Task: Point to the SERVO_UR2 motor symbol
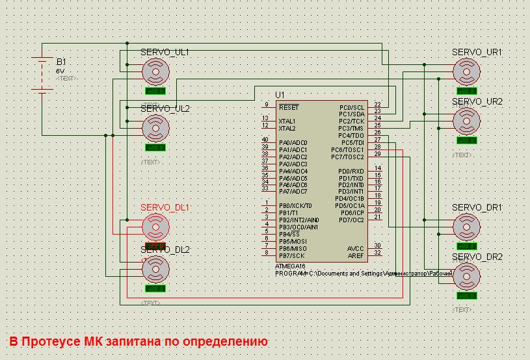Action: (466, 120)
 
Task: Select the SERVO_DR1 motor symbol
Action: (466, 226)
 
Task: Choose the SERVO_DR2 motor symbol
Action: (466, 276)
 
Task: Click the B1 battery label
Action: (61, 62)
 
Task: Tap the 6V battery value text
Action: (60, 71)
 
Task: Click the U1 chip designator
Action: (280, 95)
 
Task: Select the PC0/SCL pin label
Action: (352, 107)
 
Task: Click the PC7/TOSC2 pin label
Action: (347, 157)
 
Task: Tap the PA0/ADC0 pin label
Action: (293, 143)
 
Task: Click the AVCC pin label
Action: (356, 248)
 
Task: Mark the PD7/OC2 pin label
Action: (352, 220)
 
